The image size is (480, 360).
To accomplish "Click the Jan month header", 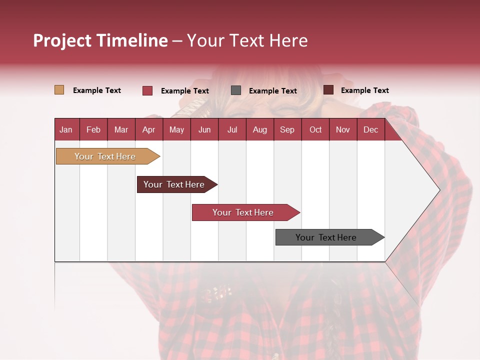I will [x=66, y=129].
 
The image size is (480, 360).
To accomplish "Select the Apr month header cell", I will [x=148, y=129].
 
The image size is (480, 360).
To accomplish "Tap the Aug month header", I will [x=259, y=129].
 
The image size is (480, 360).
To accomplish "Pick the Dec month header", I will [x=370, y=129].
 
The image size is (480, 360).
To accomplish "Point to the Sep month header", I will [x=287, y=129].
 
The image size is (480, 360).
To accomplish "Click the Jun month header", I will [x=204, y=129].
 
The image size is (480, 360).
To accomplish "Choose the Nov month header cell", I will [x=342, y=129].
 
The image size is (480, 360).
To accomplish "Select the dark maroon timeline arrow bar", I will [x=175, y=184].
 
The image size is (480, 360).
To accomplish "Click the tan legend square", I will [x=59, y=90].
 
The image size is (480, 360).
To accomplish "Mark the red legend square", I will [x=147, y=90].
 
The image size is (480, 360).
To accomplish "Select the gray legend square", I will [x=236, y=90].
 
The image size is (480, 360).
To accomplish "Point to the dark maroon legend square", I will [x=328, y=90].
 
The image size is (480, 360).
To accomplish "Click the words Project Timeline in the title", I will [x=100, y=40].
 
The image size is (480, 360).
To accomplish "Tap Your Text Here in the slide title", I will [x=247, y=40].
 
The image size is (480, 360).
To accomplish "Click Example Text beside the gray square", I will [x=272, y=90].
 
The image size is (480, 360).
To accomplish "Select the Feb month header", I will [x=93, y=129].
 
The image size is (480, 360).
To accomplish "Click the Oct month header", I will [x=315, y=129].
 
